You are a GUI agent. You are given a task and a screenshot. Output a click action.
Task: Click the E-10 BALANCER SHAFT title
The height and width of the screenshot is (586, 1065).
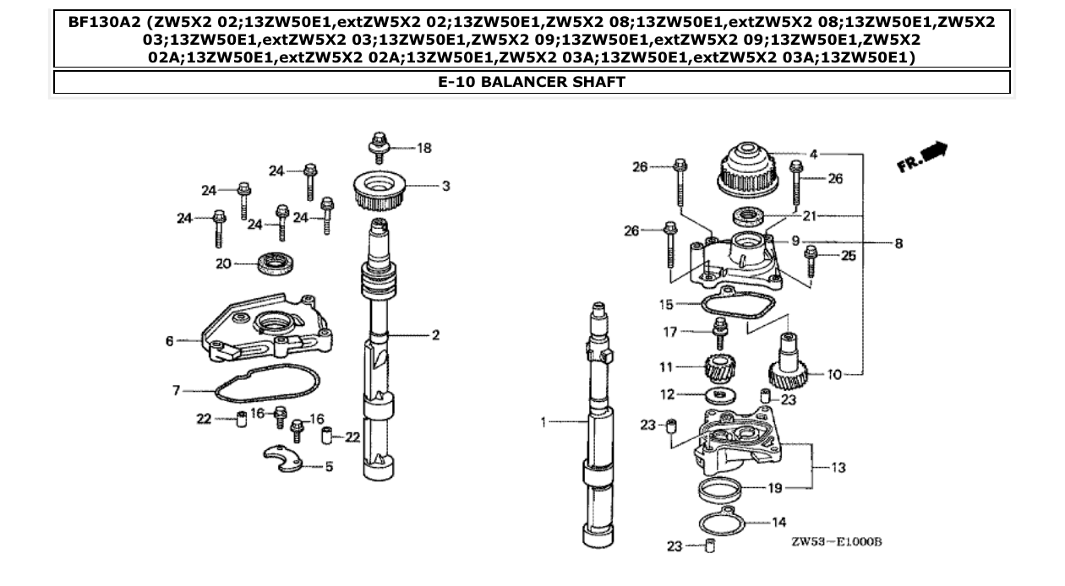pos(532,82)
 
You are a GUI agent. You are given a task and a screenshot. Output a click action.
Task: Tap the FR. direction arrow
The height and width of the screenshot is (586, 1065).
pos(924,156)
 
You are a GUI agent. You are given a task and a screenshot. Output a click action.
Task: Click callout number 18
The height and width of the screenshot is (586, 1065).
pos(423,149)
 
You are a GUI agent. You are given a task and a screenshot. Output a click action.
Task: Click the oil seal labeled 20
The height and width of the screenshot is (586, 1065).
pos(271,264)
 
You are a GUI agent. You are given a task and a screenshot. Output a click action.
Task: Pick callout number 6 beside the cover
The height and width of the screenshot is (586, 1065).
pos(170,341)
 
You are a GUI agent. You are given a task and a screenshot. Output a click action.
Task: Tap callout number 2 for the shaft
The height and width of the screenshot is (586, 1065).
pos(435,335)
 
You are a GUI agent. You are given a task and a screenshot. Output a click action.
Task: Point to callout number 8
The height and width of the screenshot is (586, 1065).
pos(898,244)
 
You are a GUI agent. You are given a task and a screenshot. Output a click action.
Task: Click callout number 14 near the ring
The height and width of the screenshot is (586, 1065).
pos(779,523)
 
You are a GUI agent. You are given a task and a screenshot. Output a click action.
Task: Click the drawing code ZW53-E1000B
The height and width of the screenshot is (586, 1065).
pos(836,541)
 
